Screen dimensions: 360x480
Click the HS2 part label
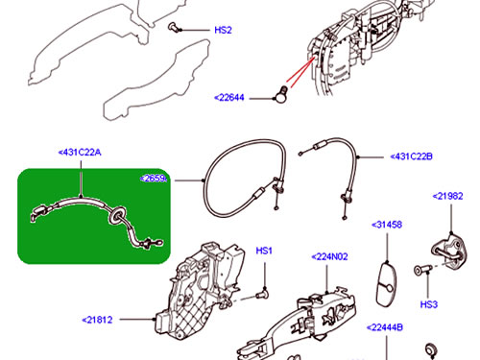[223, 30]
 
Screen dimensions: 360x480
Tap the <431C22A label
[79, 152]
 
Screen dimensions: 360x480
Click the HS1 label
[265, 251]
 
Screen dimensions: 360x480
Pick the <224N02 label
[330, 256]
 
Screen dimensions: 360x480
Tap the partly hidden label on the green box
[155, 179]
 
